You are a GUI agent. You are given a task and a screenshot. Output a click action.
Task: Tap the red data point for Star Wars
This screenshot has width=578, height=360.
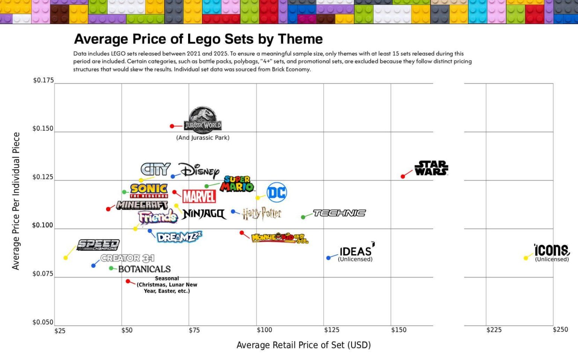click(403, 176)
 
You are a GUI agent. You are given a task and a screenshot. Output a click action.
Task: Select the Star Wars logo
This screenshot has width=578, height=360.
click(431, 168)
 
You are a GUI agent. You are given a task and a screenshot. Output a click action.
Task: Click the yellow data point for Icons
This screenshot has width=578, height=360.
click(526, 258)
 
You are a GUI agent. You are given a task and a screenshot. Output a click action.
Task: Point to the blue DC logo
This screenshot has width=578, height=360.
click(277, 192)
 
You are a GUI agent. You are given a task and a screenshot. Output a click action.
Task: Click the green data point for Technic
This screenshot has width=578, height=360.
click(303, 217)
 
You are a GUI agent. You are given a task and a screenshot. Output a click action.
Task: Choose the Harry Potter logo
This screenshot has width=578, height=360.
click(262, 214)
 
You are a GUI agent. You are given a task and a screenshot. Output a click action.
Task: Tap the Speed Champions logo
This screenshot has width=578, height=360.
click(98, 245)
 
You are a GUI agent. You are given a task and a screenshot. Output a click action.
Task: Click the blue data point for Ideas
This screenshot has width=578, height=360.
click(329, 258)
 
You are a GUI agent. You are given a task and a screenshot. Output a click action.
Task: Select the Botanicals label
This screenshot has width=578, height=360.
click(144, 269)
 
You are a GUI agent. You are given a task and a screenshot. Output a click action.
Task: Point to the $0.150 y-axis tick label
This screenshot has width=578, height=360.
click(43, 128)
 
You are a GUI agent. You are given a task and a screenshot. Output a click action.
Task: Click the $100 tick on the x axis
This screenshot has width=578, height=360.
click(264, 330)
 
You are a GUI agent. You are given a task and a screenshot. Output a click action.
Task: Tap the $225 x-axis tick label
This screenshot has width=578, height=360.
click(494, 330)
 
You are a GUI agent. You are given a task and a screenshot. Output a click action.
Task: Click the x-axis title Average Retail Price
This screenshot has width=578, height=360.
click(303, 345)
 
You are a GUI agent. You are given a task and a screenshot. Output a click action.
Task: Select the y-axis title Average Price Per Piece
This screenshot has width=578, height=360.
click(16, 201)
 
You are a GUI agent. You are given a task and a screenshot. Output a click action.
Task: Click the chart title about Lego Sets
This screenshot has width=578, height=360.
click(198, 39)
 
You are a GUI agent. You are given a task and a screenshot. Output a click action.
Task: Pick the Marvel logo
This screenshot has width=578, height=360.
click(199, 196)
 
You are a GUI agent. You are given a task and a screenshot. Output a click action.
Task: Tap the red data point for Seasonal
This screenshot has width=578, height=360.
click(128, 281)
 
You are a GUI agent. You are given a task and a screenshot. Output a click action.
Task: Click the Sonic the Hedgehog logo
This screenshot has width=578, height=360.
click(149, 190)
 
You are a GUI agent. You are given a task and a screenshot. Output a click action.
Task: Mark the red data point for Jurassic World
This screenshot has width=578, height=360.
click(172, 126)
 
